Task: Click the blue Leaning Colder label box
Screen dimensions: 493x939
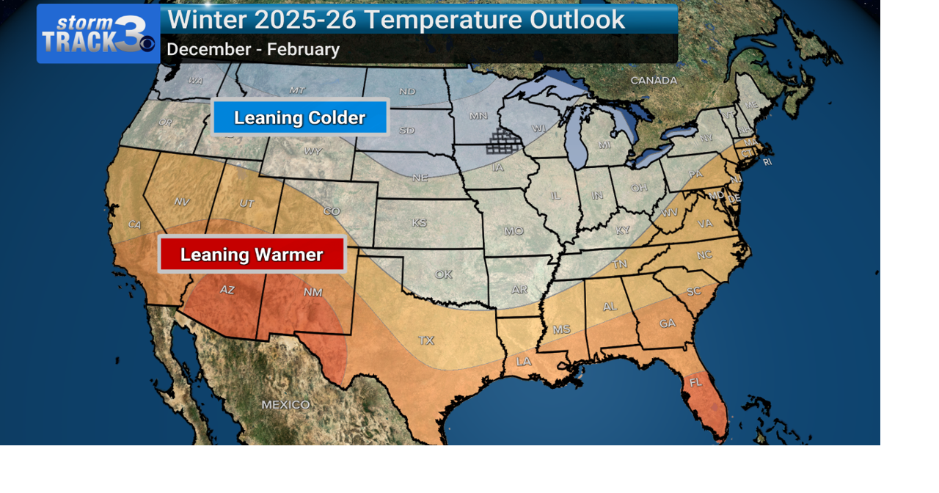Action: pyautogui.click(x=299, y=117)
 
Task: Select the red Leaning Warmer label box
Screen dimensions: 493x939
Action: pyautogui.click(x=252, y=255)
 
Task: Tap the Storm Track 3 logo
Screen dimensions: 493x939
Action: pyautogui.click(x=98, y=34)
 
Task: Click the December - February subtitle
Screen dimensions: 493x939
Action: pyautogui.click(x=253, y=50)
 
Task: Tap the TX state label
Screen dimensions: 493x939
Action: pyautogui.click(x=425, y=340)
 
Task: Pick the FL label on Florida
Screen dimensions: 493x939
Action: pyautogui.click(x=695, y=382)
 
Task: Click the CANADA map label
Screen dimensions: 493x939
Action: pyautogui.click(x=654, y=80)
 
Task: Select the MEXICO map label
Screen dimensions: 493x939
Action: pyautogui.click(x=286, y=404)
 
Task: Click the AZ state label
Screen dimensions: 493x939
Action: pyautogui.click(x=227, y=290)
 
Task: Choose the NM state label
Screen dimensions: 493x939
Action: pyautogui.click(x=313, y=292)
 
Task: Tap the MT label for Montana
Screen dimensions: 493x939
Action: pyautogui.click(x=297, y=90)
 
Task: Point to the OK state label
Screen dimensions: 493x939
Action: pyautogui.click(x=444, y=274)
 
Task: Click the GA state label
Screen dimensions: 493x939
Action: pyautogui.click(x=668, y=323)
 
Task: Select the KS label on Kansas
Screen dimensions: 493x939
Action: pyautogui.click(x=420, y=222)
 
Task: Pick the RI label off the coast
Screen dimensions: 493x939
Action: pyautogui.click(x=767, y=162)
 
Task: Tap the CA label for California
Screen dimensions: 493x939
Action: pyautogui.click(x=134, y=224)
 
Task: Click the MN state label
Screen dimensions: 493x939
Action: pyautogui.click(x=478, y=116)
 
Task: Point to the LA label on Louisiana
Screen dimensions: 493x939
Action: pyautogui.click(x=524, y=361)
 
